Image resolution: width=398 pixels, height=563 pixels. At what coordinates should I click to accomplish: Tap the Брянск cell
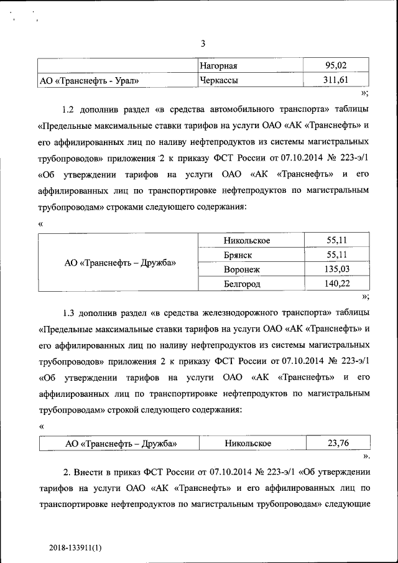[238, 255]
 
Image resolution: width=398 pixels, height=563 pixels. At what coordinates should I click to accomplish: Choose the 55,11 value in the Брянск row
[336, 254]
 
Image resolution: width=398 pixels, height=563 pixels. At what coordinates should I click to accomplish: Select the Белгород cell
[242, 284]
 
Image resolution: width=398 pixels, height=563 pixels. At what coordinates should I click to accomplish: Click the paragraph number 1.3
[70, 312]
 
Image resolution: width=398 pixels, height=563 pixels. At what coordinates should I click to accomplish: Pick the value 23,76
[338, 443]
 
